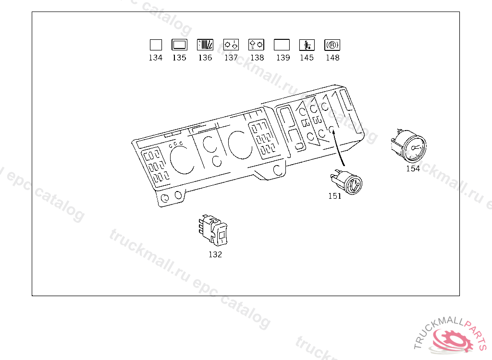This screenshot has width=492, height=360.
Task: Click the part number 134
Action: [156, 58]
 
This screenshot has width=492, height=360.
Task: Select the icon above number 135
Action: [180, 45]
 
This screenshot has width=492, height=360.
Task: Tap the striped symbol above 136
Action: [205, 45]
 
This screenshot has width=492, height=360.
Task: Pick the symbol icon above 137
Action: [231, 45]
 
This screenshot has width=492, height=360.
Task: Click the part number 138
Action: [258, 58]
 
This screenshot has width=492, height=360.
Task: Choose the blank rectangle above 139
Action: [282, 45]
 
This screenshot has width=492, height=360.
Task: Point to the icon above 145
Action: [307, 45]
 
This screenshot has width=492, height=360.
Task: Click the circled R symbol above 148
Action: [332, 45]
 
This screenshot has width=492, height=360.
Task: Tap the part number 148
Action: [332, 58]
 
